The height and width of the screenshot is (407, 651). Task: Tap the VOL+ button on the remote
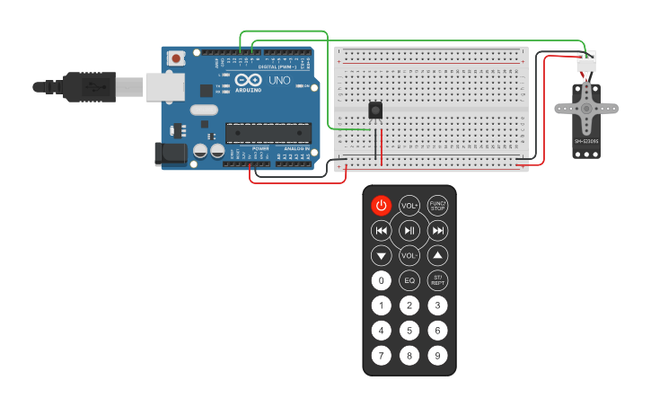(409, 206)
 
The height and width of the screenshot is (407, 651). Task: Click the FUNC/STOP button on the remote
(437, 206)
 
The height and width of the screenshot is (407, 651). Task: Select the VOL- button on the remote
(409, 255)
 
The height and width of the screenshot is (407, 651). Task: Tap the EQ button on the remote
(409, 280)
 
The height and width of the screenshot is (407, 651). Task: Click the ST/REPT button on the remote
(437, 280)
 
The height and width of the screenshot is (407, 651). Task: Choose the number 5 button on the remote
(409, 331)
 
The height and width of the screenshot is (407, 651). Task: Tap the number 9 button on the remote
(437, 356)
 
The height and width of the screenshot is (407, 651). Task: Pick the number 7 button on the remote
(382, 356)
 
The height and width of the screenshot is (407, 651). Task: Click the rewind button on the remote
(382, 231)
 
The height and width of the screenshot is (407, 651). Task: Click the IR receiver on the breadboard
(376, 111)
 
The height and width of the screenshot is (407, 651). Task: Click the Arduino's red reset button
(176, 58)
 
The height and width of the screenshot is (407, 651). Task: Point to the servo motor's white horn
(586, 107)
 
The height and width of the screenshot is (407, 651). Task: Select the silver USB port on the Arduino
(164, 86)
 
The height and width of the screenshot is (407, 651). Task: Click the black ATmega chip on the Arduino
(268, 133)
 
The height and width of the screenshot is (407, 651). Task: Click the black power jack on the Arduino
(171, 155)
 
